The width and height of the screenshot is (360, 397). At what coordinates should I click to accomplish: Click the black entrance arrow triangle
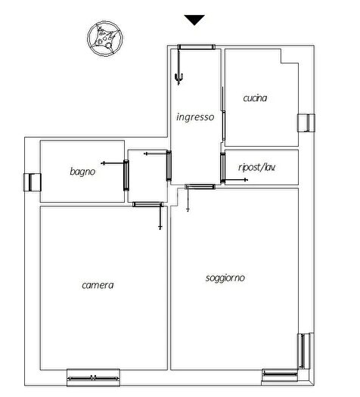(194, 20)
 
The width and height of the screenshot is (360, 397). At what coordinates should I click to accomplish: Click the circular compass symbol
(105, 39)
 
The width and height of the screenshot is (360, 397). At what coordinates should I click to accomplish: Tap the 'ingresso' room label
(195, 117)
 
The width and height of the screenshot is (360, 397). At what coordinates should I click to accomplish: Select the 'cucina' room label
(255, 98)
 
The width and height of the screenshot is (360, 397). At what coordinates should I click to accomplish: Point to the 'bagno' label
(82, 172)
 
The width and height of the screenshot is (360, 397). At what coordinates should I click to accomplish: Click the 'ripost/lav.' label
(256, 167)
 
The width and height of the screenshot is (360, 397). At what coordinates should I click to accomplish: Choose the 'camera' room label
(98, 285)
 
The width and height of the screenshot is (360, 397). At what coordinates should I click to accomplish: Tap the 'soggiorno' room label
(225, 278)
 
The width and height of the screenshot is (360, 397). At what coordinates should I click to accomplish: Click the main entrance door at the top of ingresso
(196, 47)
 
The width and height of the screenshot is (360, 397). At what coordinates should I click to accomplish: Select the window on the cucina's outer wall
(306, 123)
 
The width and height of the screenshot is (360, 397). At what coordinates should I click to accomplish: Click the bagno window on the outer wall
(33, 182)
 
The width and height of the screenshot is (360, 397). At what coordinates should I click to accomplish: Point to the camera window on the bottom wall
(94, 377)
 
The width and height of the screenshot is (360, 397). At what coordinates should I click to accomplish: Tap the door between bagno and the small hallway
(126, 175)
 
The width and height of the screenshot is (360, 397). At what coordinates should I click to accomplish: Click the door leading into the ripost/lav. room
(222, 168)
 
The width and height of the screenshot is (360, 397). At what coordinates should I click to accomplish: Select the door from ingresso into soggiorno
(200, 187)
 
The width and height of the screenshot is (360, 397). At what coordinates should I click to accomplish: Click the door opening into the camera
(147, 204)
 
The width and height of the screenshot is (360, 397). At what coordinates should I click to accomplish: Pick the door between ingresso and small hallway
(169, 166)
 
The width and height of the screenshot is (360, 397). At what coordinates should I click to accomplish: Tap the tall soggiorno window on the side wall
(303, 351)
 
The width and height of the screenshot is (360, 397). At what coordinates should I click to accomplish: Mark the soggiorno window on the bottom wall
(280, 375)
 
